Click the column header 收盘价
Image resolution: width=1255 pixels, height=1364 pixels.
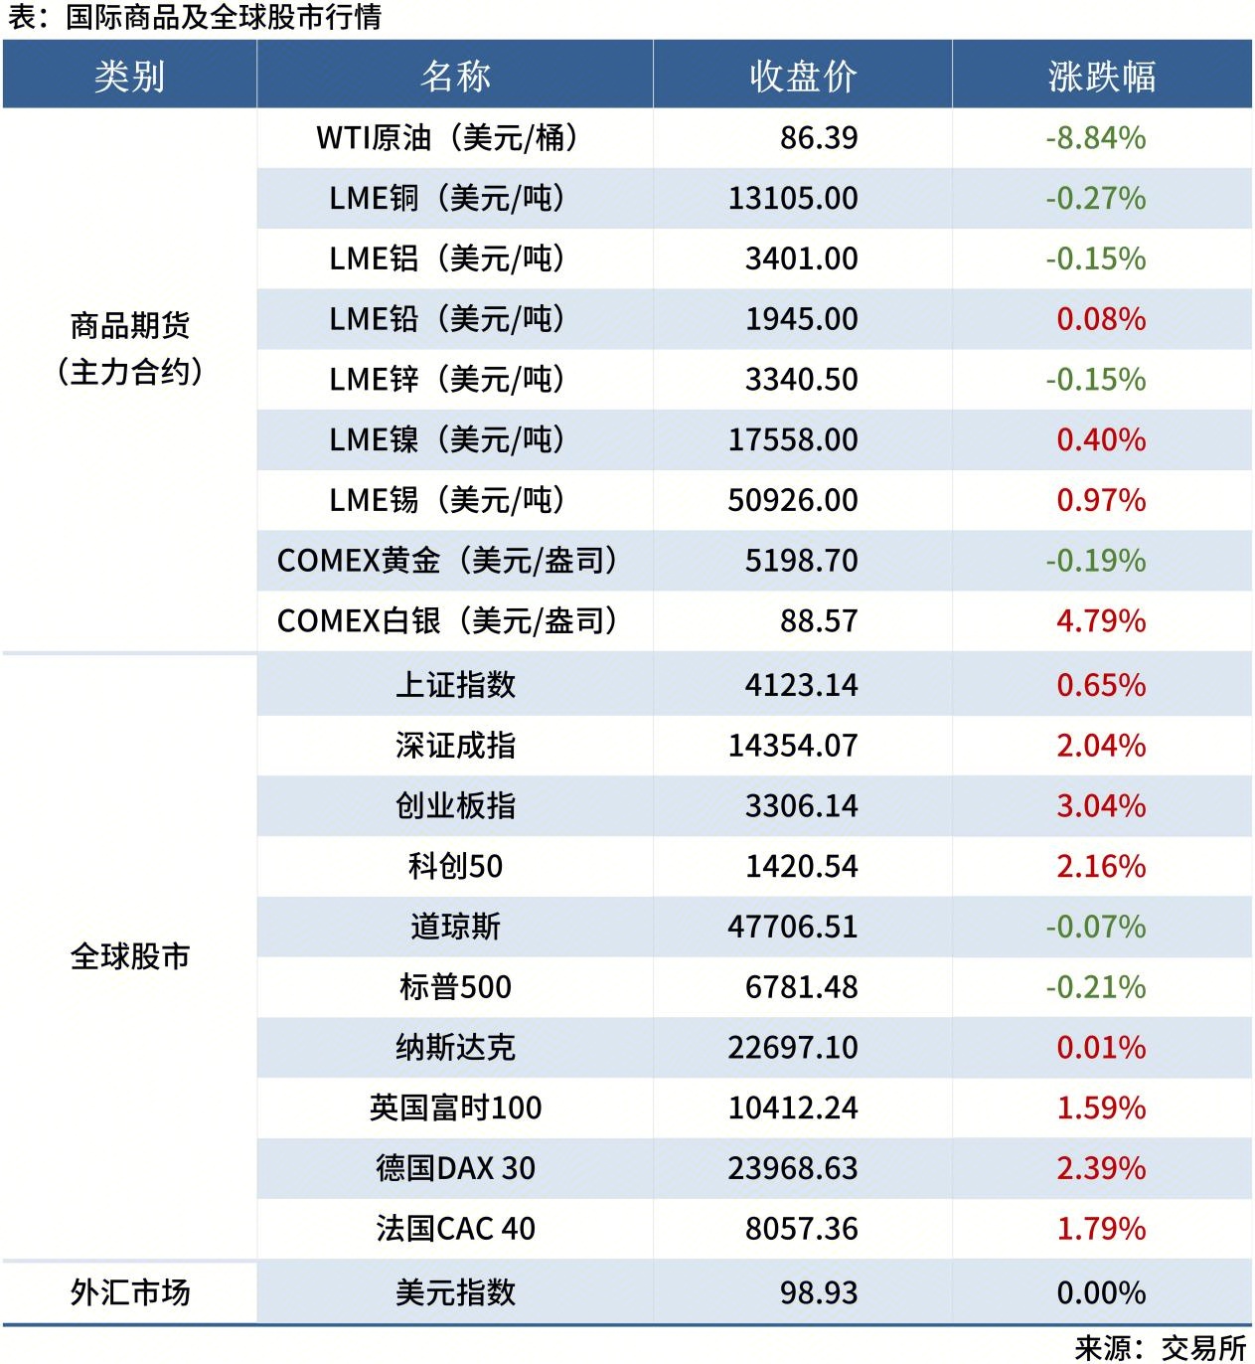(x=802, y=77)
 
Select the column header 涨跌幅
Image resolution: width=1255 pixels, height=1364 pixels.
(x=1101, y=77)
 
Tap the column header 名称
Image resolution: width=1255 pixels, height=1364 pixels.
(x=455, y=77)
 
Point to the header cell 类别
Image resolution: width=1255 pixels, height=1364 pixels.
(x=129, y=77)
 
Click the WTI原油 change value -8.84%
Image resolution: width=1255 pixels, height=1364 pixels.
(x=1095, y=138)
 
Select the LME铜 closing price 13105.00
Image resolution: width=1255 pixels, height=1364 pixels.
(x=792, y=199)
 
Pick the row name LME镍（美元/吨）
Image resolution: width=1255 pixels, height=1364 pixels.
(x=447, y=439)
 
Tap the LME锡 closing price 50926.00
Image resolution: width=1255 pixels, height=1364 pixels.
(x=792, y=500)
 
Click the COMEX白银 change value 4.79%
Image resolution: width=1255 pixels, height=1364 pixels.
(x=1101, y=621)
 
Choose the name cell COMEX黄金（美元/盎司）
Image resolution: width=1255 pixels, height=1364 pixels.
(x=447, y=561)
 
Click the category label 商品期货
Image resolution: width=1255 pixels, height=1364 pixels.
(x=129, y=326)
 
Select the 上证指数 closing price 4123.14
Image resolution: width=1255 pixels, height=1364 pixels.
(x=801, y=685)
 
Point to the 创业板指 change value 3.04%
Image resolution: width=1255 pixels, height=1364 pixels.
(x=1101, y=806)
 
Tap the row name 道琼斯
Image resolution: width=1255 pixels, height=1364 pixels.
(x=455, y=927)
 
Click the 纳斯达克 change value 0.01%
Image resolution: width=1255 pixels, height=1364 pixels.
(x=1101, y=1048)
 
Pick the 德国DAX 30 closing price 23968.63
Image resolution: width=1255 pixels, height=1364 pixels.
(x=792, y=1168)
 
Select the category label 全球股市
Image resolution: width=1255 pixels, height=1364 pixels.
(x=129, y=957)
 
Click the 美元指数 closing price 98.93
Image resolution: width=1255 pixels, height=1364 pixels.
(x=819, y=1292)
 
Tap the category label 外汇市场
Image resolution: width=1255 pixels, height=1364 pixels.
(x=129, y=1292)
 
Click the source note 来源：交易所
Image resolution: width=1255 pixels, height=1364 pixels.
(x=1160, y=1348)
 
